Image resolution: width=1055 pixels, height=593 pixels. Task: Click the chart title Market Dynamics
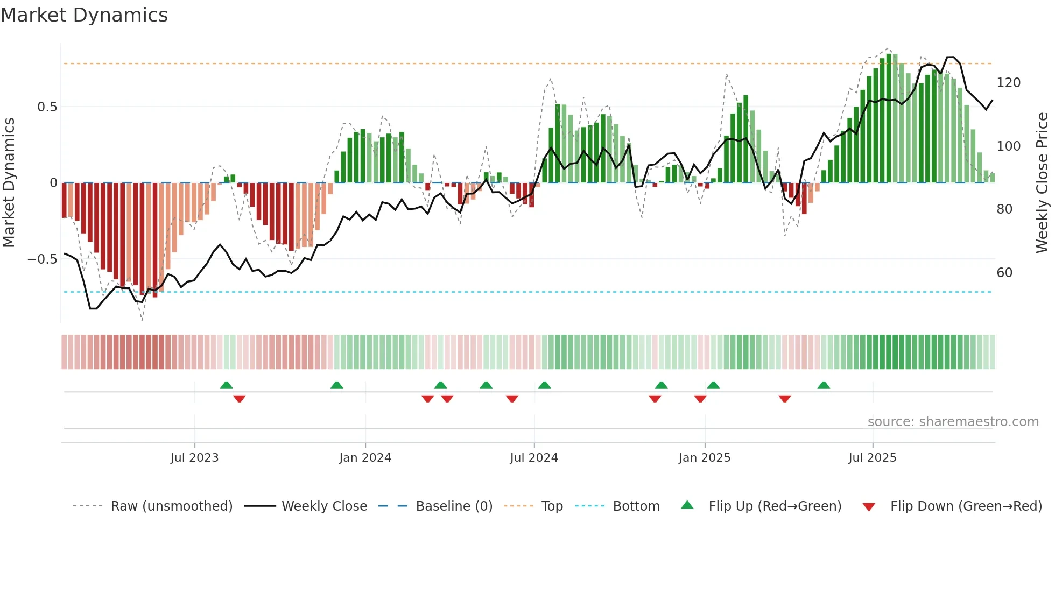pyautogui.click(x=85, y=15)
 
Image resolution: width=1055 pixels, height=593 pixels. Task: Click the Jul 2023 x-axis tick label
pyautogui.click(x=194, y=458)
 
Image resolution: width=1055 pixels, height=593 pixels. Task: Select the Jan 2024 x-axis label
pyautogui.click(x=365, y=458)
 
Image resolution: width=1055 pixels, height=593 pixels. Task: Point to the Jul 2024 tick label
pyautogui.click(x=533, y=458)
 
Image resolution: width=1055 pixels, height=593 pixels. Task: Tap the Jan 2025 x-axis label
pyautogui.click(x=704, y=458)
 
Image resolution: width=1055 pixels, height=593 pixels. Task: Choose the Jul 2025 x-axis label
pyautogui.click(x=872, y=458)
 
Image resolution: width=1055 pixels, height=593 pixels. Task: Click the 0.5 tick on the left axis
pyautogui.click(x=47, y=107)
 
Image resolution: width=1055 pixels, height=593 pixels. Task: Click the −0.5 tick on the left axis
pyautogui.click(x=43, y=259)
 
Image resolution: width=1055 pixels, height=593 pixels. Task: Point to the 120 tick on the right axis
pyautogui.click(x=1008, y=83)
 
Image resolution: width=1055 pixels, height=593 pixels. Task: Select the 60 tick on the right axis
pyautogui.click(x=1004, y=273)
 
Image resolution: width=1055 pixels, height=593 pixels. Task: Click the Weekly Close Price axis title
pyautogui.click(x=1042, y=183)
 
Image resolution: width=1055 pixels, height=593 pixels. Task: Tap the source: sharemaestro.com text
pyautogui.click(x=953, y=422)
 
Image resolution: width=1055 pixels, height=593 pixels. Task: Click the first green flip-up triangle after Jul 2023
pyautogui.click(x=226, y=385)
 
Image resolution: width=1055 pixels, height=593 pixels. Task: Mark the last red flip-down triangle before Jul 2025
pyautogui.click(x=784, y=399)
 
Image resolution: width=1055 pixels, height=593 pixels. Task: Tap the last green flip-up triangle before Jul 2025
pyautogui.click(x=823, y=385)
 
